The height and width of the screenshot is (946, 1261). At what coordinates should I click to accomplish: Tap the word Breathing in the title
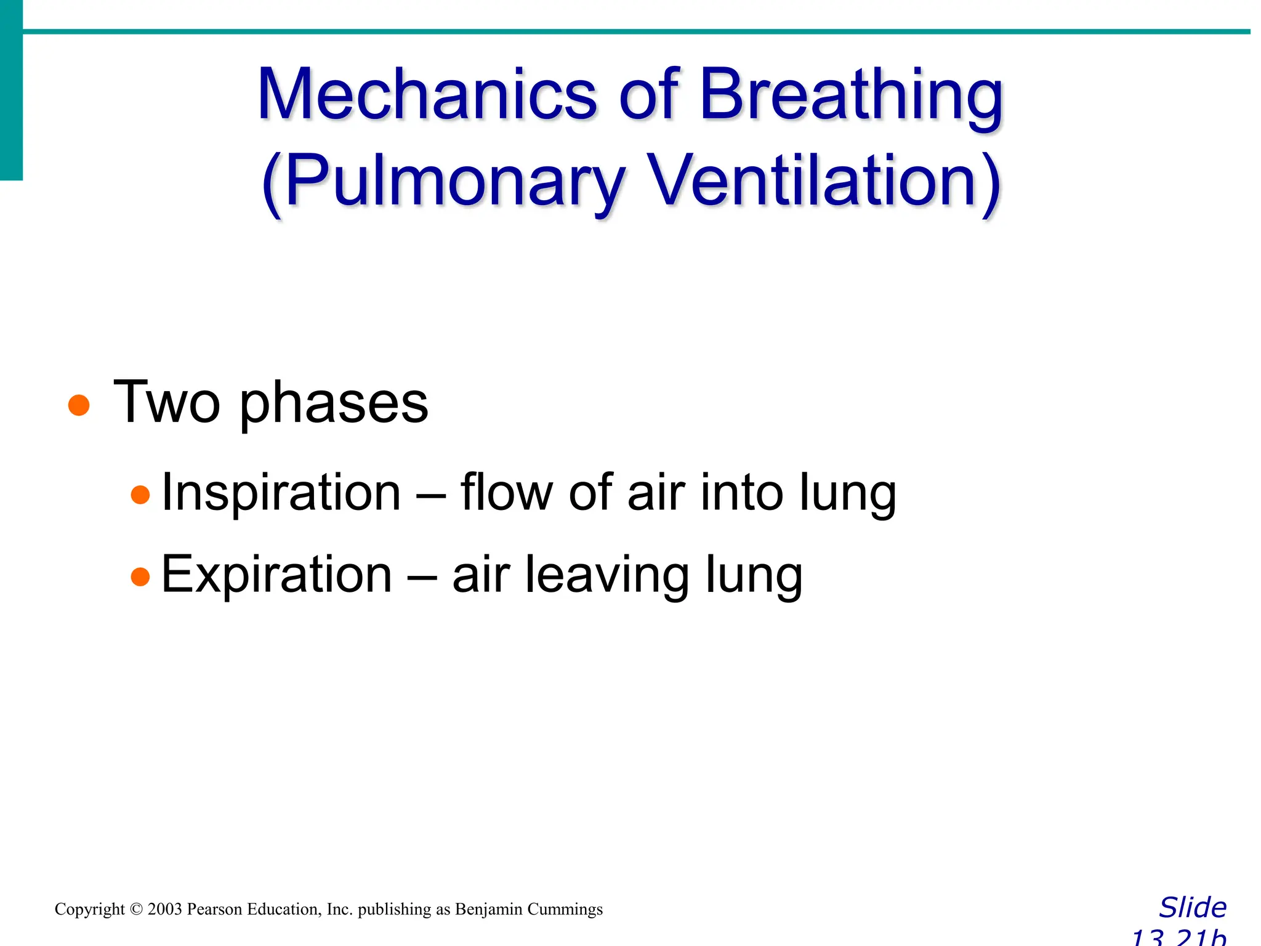point(852,95)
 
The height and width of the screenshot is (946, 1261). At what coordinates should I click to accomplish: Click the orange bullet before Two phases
point(79,405)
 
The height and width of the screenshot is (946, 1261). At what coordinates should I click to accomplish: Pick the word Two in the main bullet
point(167,403)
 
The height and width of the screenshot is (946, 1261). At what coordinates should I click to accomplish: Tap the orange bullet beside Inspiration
point(140,495)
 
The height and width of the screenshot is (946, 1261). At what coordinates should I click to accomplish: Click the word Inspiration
point(281,493)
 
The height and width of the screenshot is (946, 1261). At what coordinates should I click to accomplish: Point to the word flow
point(506,493)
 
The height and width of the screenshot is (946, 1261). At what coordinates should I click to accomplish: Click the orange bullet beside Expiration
point(140,576)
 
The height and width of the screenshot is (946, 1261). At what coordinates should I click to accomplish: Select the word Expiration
point(276,575)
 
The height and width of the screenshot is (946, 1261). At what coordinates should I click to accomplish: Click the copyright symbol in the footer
point(136,910)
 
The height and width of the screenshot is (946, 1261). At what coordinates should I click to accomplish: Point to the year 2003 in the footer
point(164,910)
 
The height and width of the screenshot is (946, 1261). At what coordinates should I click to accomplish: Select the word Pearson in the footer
point(215,910)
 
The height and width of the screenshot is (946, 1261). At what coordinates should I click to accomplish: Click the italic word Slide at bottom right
point(1193,908)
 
